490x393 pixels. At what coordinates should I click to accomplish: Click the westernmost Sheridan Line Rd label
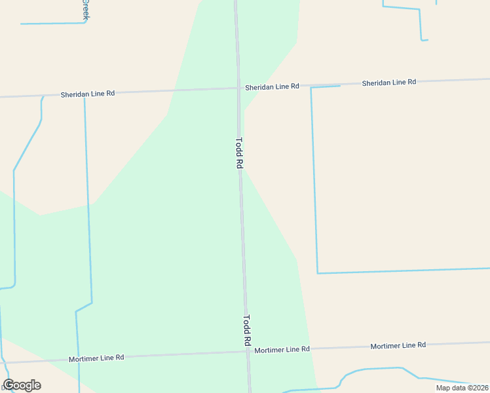[88, 94]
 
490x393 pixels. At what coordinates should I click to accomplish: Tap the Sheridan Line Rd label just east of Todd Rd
[272, 86]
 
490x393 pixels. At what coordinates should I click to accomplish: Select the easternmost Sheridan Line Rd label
[389, 83]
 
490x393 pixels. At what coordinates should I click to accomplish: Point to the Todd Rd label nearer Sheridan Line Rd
[239, 153]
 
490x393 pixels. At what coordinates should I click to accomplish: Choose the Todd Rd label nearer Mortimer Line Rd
[247, 331]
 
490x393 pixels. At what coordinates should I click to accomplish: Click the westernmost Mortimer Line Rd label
[97, 358]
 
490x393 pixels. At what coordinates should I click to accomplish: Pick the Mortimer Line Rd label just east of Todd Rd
[282, 350]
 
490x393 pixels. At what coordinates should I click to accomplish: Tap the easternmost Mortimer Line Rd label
[398, 345]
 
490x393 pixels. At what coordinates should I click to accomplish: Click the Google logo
[22, 385]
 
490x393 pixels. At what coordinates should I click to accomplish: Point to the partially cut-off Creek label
[85, 9]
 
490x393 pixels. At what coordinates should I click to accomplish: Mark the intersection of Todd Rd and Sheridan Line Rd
[238, 88]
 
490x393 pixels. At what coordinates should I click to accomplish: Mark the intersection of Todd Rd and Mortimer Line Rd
[248, 352]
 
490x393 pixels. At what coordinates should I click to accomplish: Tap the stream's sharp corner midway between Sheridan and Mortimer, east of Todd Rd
[318, 272]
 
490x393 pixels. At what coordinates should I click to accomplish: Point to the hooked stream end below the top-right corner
[424, 40]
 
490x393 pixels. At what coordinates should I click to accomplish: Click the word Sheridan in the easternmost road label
[376, 83]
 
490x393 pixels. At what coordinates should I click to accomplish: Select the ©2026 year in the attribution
[475, 388]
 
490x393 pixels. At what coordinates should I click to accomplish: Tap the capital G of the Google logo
[9, 385]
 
